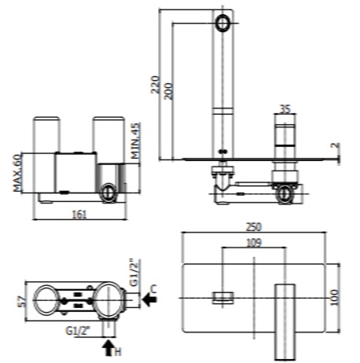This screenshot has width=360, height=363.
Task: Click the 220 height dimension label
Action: (x=156, y=84)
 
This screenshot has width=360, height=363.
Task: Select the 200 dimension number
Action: (x=169, y=91)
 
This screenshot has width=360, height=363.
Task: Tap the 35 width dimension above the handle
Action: (x=285, y=109)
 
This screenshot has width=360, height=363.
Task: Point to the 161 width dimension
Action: (x=79, y=214)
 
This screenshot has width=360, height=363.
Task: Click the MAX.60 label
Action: (x=17, y=173)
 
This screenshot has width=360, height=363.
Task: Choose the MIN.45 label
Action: (x=135, y=141)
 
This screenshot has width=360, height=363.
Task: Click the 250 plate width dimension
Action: (x=254, y=227)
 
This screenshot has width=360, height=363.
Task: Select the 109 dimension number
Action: (x=254, y=243)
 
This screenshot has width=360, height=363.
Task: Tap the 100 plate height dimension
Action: (x=335, y=298)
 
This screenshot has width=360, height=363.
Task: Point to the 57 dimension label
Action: (x=22, y=302)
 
